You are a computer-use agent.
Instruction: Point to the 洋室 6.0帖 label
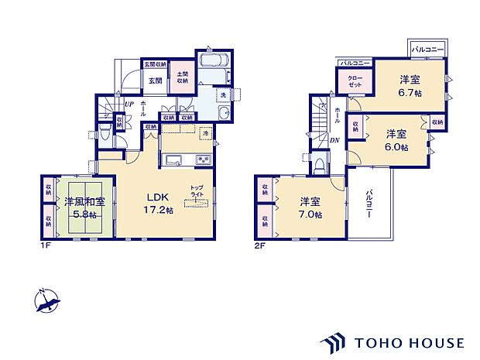coord(396,139)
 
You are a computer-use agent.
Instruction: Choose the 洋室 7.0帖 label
coord(311,208)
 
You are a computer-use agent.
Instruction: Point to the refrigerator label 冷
coord(205,133)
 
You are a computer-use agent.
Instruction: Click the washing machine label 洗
coord(223,94)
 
